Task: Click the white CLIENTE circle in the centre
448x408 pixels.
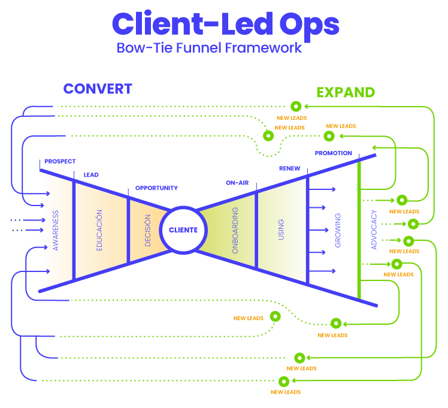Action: [183, 230]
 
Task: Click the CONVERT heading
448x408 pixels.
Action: [98, 89]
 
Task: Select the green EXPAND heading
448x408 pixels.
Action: [346, 92]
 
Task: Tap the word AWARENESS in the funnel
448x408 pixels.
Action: [55, 230]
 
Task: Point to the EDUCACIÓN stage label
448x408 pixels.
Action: [99, 230]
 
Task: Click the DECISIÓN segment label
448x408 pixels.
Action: [147, 231]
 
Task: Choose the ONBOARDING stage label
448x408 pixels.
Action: [235, 231]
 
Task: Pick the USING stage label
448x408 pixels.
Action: [281, 230]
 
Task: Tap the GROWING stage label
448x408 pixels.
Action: [338, 230]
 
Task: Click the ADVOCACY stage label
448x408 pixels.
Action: [374, 230]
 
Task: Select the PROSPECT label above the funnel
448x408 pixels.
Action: [60, 161]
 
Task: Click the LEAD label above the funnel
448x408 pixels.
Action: [91, 175]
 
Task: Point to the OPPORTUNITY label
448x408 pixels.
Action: [156, 188]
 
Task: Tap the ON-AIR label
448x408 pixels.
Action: [237, 182]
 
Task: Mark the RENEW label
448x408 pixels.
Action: [289, 168]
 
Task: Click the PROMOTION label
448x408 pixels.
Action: [334, 153]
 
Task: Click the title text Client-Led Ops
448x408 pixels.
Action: [225, 25]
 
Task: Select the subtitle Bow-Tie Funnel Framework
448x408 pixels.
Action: [210, 48]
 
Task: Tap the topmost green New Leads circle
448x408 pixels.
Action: [295, 106]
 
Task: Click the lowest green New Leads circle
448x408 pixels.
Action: [284, 381]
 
